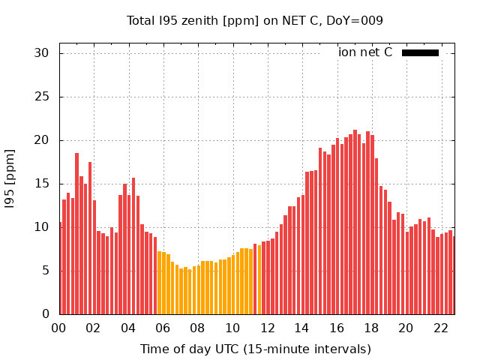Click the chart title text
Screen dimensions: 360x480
click(255, 20)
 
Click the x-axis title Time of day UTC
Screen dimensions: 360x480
click(255, 349)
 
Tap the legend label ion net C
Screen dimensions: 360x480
click(365, 52)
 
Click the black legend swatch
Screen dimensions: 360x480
click(420, 52)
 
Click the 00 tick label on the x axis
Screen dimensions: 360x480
click(59, 328)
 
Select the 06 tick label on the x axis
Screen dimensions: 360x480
click(163, 328)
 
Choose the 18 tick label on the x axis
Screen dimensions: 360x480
click(370, 328)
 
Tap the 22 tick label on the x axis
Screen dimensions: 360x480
click(440, 328)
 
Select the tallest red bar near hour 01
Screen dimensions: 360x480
click(76, 233)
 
